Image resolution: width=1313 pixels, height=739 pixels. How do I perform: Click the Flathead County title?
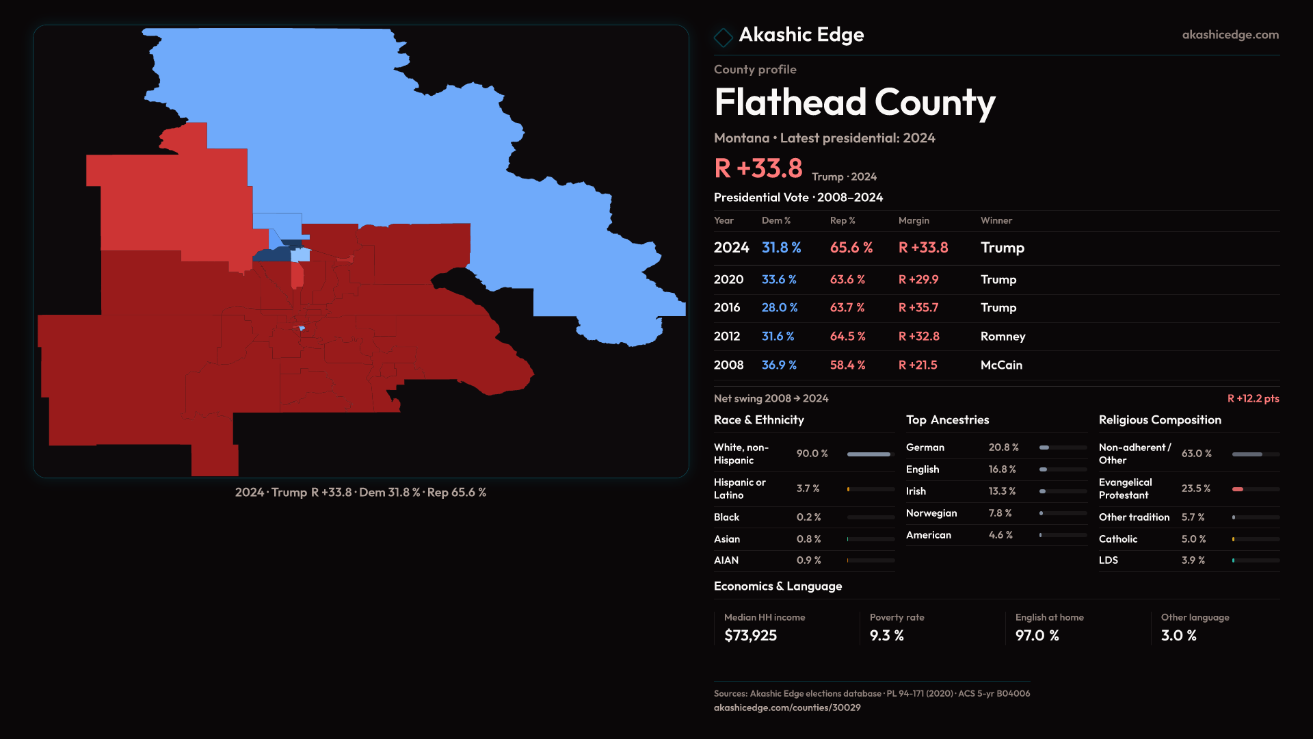tap(854, 103)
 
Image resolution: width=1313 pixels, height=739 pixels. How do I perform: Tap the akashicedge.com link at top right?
tap(1230, 35)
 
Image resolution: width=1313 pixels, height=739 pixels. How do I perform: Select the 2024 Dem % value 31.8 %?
tap(781, 248)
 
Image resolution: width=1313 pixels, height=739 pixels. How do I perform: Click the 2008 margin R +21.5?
tap(917, 365)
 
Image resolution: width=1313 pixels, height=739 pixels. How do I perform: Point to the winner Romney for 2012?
tap(1003, 337)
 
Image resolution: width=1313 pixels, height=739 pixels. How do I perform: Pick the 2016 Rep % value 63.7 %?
tap(847, 308)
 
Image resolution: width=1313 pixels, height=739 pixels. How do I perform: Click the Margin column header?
tap(914, 220)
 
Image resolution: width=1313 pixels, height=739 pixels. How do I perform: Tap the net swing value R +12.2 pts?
tap(1253, 398)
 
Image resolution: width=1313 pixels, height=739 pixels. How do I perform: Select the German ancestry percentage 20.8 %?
tap(1003, 448)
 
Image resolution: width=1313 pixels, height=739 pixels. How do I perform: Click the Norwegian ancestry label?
tap(931, 513)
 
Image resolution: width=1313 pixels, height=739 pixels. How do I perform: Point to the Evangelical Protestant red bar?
tap(1238, 489)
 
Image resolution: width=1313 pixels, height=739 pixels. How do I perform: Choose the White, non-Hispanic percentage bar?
tap(869, 454)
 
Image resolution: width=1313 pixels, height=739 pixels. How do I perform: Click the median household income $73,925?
tap(750, 636)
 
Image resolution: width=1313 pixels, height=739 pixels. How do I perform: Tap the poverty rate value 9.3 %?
tap(886, 636)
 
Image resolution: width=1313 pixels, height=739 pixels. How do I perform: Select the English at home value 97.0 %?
tap(1037, 636)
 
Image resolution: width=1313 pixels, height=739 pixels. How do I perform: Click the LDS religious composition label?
tap(1108, 560)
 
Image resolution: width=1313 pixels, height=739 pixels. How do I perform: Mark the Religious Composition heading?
tap(1159, 420)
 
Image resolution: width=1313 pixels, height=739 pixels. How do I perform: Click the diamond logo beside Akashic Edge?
tap(723, 37)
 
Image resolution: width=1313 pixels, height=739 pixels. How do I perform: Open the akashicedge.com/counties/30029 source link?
tap(786, 708)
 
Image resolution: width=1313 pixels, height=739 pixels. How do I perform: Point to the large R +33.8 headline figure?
tap(758, 168)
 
